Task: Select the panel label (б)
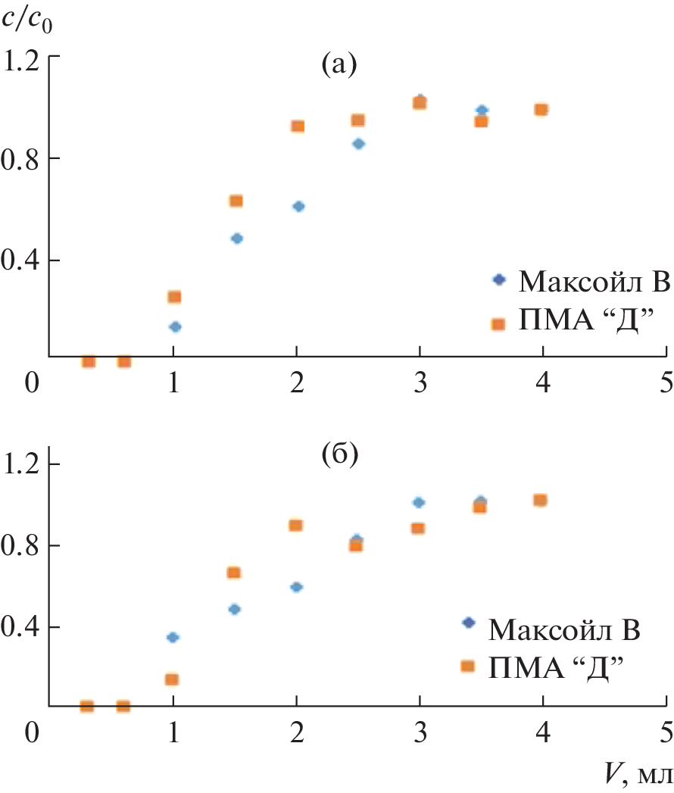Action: (x=338, y=455)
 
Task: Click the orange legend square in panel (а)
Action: (x=498, y=324)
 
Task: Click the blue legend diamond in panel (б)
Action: (x=468, y=623)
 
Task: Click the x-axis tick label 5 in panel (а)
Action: (x=666, y=382)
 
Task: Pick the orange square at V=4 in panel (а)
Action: (x=541, y=110)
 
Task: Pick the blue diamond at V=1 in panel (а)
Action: (x=175, y=327)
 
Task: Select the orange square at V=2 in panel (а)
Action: (x=298, y=126)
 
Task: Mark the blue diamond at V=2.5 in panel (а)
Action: (x=359, y=144)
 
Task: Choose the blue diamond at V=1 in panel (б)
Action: (x=173, y=638)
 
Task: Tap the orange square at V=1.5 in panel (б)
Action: (x=234, y=573)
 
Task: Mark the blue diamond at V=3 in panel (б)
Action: (x=419, y=502)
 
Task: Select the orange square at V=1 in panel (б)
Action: (x=173, y=679)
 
